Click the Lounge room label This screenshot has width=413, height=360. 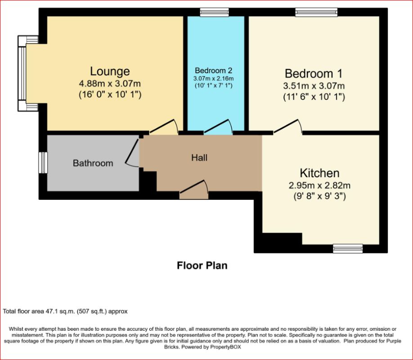coord(110,72)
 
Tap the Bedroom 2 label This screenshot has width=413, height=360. coord(214,71)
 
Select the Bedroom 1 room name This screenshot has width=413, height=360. coord(314,73)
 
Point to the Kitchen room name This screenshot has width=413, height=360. coord(319,173)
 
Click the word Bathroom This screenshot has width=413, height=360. coord(93,163)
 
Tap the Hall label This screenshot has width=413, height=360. coord(199,158)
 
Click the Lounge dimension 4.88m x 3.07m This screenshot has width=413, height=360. coord(110,84)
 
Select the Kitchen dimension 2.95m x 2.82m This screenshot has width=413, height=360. coord(319,185)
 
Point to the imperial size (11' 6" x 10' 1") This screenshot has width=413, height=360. coord(314,97)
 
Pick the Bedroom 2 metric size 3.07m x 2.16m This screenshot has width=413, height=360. coord(213,79)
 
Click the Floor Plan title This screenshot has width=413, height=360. coord(202,265)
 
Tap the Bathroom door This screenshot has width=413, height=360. coord(132,153)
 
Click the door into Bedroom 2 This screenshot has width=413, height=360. coord(218,126)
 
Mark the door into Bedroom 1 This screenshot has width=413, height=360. coord(287,126)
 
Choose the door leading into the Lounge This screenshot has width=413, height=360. coord(164,126)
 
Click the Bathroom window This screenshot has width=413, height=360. coord(43,162)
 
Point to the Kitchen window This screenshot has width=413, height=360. coord(348,248)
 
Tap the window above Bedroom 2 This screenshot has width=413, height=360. coord(214,12)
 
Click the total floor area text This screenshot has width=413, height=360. coord(65,311)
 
